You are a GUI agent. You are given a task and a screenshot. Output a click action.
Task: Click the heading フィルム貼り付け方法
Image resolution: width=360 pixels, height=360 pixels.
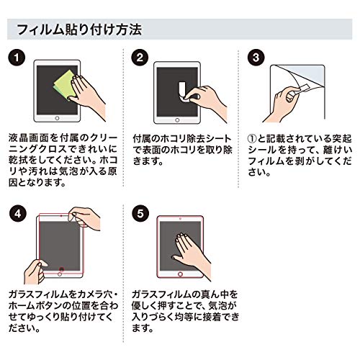(x=79, y=30)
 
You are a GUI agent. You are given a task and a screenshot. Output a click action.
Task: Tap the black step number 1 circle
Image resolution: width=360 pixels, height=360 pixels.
(x=17, y=58)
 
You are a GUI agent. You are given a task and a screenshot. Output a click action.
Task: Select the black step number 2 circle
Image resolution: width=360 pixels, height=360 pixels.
(x=140, y=58)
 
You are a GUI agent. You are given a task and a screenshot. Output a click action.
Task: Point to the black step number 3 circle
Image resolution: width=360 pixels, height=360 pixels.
(x=256, y=58)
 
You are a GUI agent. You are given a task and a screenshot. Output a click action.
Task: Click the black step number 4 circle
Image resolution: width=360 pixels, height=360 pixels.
(x=18, y=213)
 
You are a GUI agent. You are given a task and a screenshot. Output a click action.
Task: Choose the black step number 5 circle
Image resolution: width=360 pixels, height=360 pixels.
(x=140, y=213)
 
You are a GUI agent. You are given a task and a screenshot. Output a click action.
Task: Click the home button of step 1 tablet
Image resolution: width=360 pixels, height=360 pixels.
(x=57, y=118)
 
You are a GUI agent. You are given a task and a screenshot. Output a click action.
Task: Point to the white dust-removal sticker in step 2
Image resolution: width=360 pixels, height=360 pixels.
(x=183, y=91)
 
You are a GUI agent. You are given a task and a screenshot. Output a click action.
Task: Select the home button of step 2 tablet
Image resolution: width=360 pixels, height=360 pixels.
(x=177, y=120)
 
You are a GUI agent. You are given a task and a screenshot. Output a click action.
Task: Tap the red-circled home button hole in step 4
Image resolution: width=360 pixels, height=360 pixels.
(x=62, y=269)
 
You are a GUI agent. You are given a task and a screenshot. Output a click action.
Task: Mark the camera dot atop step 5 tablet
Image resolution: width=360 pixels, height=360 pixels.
(x=180, y=219)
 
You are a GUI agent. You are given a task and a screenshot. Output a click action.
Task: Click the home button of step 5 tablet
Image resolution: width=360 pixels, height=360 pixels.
(x=180, y=274)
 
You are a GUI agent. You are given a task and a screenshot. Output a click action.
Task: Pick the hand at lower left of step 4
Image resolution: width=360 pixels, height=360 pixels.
(x=35, y=271)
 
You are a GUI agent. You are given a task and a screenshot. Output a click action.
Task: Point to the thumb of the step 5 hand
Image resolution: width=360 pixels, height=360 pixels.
(x=179, y=259)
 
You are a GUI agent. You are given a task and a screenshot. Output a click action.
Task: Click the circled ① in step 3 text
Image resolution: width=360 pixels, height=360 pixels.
(x=252, y=139)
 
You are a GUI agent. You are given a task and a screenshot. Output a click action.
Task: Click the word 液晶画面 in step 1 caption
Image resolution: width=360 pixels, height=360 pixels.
(x=30, y=138)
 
